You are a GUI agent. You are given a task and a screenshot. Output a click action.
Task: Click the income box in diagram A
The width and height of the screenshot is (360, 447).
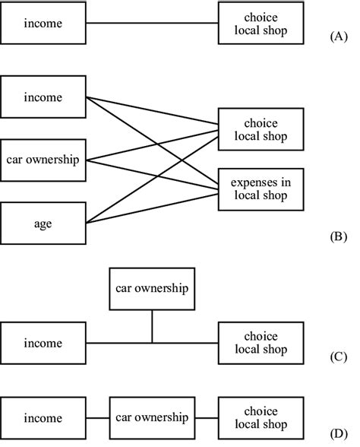coord(43,23)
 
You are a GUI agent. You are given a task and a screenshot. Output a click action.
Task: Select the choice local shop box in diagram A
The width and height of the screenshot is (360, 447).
coord(261,23)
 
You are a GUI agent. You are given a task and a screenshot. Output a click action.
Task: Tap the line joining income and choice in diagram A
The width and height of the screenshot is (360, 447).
coord(152,23)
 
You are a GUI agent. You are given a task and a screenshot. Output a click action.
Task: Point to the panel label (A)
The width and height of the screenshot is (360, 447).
coord(339,36)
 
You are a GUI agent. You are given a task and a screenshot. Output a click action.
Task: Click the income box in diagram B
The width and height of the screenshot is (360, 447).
coord(43,97)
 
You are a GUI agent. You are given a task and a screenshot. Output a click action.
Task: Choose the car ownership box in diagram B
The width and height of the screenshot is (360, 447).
coord(43,160)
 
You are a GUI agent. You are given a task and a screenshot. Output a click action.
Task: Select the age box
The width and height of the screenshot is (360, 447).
coord(43,223)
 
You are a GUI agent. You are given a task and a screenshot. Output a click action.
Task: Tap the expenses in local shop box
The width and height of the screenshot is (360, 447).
coord(261,189)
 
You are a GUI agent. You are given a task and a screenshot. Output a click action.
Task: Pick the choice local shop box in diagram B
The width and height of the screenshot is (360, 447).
coord(261,129)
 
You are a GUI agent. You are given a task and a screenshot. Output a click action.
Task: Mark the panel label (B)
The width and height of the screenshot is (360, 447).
coord(339,237)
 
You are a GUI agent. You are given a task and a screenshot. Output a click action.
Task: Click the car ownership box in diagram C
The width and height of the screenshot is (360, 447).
coord(152,289)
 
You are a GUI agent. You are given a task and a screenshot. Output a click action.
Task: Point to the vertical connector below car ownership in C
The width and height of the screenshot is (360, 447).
coord(152,326)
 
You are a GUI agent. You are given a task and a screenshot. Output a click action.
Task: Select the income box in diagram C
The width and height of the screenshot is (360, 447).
coord(43,343)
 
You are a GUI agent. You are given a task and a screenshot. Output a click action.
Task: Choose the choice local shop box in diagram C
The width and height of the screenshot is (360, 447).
coord(261,343)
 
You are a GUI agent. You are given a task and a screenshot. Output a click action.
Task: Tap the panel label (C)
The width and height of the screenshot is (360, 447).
coord(339,357)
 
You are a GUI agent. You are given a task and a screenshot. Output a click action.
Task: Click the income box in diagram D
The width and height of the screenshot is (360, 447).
coord(43,418)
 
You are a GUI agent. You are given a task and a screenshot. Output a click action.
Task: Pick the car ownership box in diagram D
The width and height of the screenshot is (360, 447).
coord(152,418)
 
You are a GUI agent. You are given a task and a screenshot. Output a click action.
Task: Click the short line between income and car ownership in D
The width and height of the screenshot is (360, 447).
coord(98,418)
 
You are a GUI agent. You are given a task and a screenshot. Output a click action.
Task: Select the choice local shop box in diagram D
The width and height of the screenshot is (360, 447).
coord(261,418)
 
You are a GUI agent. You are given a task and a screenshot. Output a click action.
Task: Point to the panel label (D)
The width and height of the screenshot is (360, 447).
coord(339,434)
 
